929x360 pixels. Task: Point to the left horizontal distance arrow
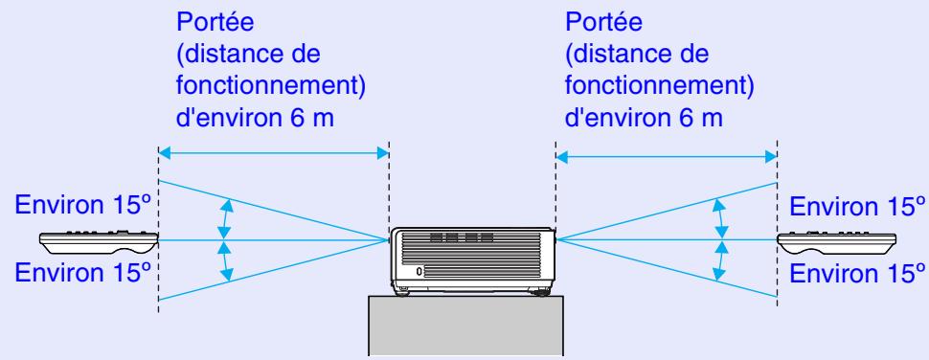coord(273,151)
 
